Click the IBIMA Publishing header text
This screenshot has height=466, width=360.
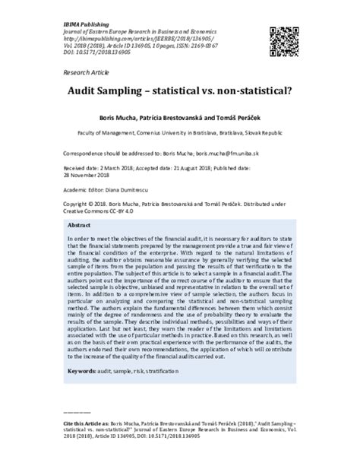pyautogui.click(x=84, y=6)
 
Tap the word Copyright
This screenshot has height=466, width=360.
pyautogui.click(x=77, y=204)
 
